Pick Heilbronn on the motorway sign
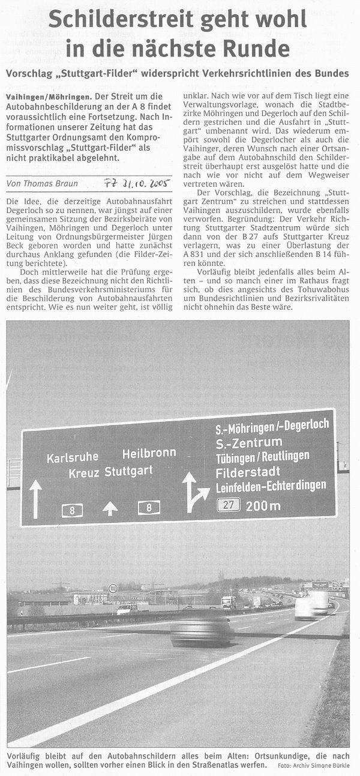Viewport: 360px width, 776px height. [x=149, y=454]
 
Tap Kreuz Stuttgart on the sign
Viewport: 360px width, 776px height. [x=110, y=472]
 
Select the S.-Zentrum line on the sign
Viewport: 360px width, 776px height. [x=248, y=443]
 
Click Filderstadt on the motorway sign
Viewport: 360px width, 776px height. [x=246, y=472]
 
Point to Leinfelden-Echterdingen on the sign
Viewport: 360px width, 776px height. [x=271, y=485]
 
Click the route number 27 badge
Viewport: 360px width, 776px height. [x=229, y=504]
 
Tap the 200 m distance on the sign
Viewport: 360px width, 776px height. [x=263, y=505]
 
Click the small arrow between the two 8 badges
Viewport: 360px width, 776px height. [x=110, y=508]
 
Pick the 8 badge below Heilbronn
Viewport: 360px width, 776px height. [x=149, y=508]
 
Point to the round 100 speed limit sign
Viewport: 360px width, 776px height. [x=113, y=589]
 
